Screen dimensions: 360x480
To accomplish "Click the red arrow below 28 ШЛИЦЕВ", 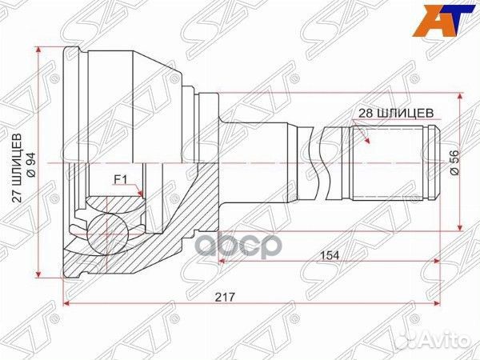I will [x=366, y=137].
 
